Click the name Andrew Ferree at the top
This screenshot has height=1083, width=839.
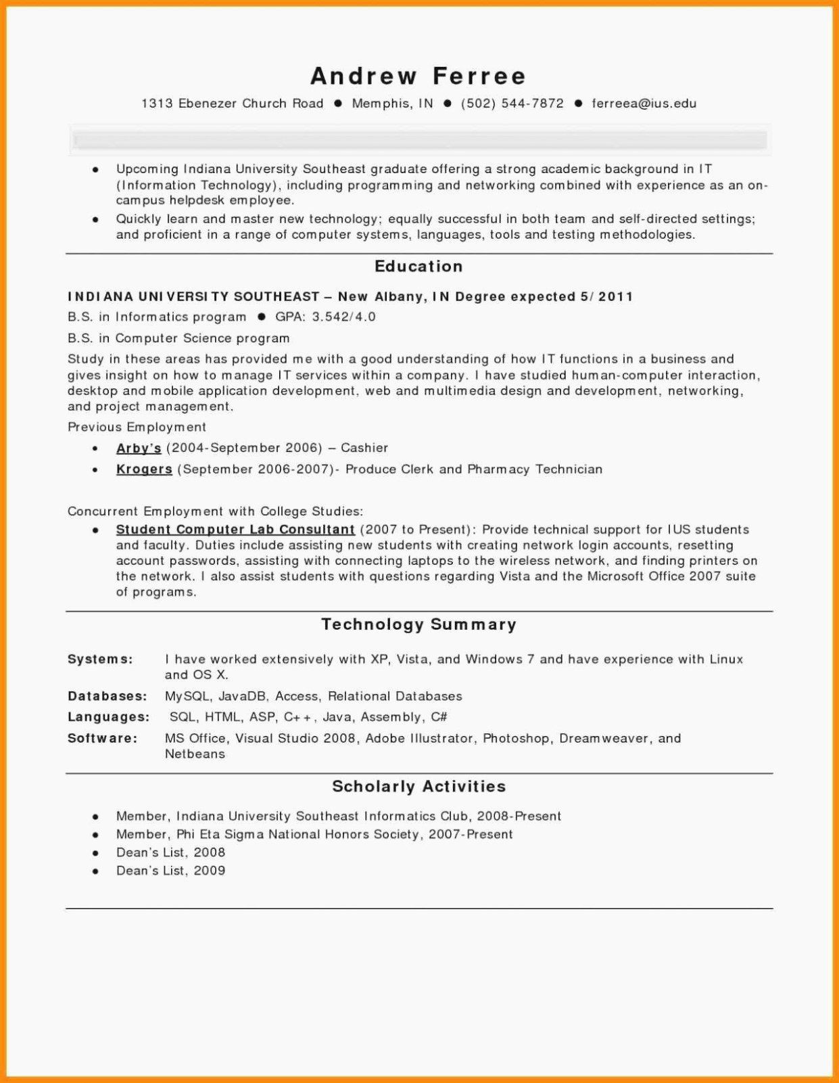pyautogui.click(x=418, y=76)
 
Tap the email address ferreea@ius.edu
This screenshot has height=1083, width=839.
pyautogui.click(x=644, y=103)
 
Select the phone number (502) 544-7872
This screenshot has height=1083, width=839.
pyautogui.click(x=512, y=103)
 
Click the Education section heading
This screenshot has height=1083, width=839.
pyautogui.click(x=418, y=267)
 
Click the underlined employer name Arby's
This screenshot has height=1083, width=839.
pyautogui.click(x=139, y=448)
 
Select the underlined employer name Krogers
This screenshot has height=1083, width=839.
pyautogui.click(x=144, y=469)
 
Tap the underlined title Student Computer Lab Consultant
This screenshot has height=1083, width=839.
pyautogui.click(x=235, y=530)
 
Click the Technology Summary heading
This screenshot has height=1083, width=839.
pyautogui.click(x=418, y=624)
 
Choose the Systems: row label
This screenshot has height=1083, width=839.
pyautogui.click(x=100, y=660)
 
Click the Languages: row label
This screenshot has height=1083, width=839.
pyautogui.click(x=108, y=717)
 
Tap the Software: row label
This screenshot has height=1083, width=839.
pyautogui.click(x=102, y=739)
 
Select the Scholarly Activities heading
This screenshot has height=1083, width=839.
pyautogui.click(x=418, y=787)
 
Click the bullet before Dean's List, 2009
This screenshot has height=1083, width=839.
pyautogui.click(x=96, y=871)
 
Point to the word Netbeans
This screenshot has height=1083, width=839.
pyautogui.click(x=195, y=754)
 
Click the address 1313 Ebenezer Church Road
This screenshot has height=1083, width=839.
pyautogui.click(x=232, y=103)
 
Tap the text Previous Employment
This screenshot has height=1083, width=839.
pyautogui.click(x=137, y=428)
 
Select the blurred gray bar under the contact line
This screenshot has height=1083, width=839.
pyautogui.click(x=419, y=141)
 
